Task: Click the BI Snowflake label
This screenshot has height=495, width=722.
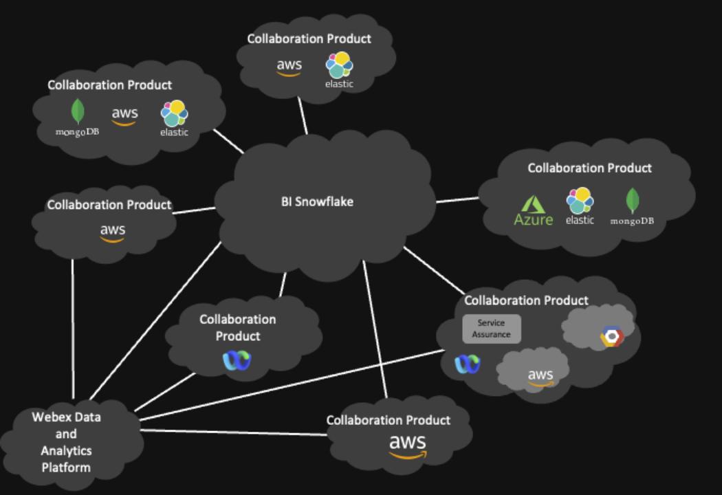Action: click(x=317, y=202)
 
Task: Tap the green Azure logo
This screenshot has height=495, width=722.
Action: click(x=534, y=210)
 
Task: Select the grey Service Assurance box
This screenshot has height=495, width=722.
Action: click(x=491, y=329)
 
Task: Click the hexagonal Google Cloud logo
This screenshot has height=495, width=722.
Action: click(x=611, y=336)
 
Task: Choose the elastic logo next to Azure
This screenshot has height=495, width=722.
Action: click(x=580, y=206)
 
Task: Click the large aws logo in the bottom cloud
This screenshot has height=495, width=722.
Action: click(x=407, y=445)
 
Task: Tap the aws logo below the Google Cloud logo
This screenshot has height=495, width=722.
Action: click(x=540, y=375)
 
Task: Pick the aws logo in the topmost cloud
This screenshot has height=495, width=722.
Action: click(x=289, y=67)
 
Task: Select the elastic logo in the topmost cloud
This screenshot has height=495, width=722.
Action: click(x=339, y=69)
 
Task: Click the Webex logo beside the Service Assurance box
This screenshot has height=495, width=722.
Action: click(x=468, y=364)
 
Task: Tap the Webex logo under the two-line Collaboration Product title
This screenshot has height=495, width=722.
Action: click(x=237, y=360)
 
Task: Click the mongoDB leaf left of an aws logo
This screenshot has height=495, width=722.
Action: click(x=78, y=115)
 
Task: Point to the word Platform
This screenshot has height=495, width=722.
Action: click(x=65, y=467)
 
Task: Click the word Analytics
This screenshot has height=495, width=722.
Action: click(x=65, y=451)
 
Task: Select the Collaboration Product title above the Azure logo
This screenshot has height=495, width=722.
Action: click(x=589, y=168)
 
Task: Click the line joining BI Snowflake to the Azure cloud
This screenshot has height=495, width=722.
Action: click(x=457, y=200)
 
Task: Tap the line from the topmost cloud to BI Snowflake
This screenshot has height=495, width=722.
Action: click(x=303, y=115)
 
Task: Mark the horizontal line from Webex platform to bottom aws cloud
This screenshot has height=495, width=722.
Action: click(x=234, y=432)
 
